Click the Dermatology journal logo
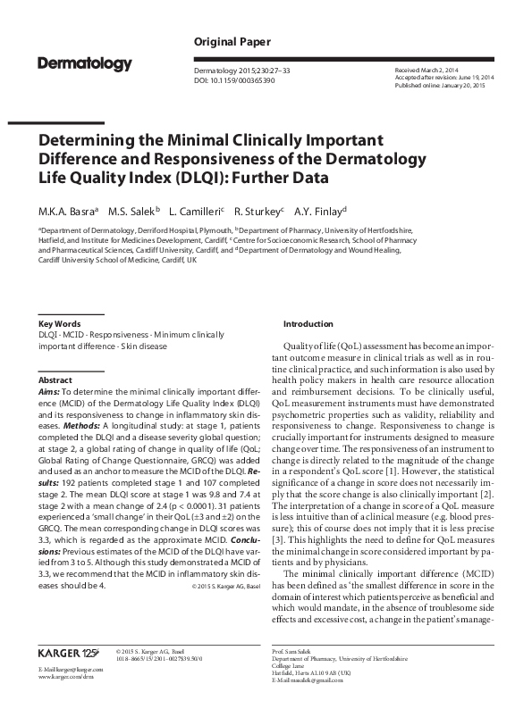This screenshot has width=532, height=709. (85, 64)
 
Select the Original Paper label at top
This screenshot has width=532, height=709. (228, 42)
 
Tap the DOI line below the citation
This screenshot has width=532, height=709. (233, 80)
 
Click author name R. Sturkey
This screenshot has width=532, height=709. (258, 212)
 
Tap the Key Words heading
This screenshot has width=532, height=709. (59, 322)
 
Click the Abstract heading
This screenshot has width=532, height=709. (55, 380)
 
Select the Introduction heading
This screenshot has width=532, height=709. (308, 322)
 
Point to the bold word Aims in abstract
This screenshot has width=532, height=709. (48, 391)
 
